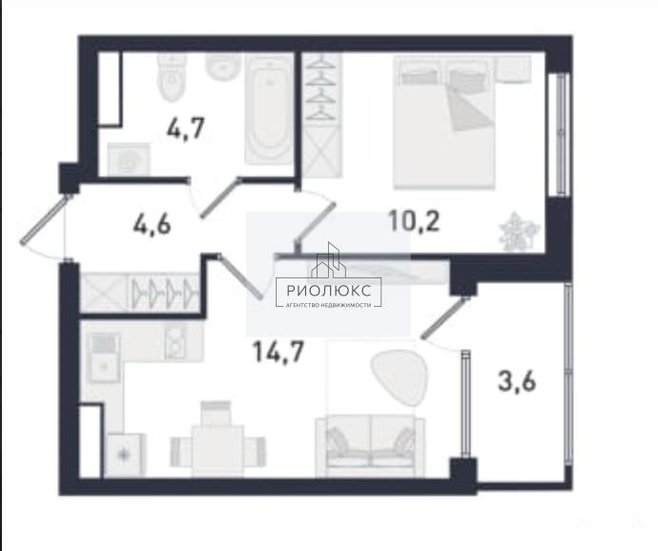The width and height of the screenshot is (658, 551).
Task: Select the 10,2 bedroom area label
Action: point(415,220)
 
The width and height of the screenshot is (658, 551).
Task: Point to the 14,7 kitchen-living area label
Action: point(279,351)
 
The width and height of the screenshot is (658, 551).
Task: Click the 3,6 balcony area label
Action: point(516,382)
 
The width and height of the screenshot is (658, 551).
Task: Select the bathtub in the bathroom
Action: point(268,110)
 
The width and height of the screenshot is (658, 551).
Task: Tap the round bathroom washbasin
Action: point(223,68)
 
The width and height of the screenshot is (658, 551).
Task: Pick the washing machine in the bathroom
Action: point(128,160)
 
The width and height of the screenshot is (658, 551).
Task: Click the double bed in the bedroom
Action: point(444,123)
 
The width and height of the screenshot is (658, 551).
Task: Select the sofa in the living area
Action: point(370,446)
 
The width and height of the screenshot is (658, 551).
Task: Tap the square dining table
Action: point(218,451)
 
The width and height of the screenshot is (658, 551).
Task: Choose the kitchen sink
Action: point(104,357)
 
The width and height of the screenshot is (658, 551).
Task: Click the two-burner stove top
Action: point(176,343)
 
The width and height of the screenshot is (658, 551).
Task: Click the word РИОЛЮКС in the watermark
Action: point(329,290)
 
